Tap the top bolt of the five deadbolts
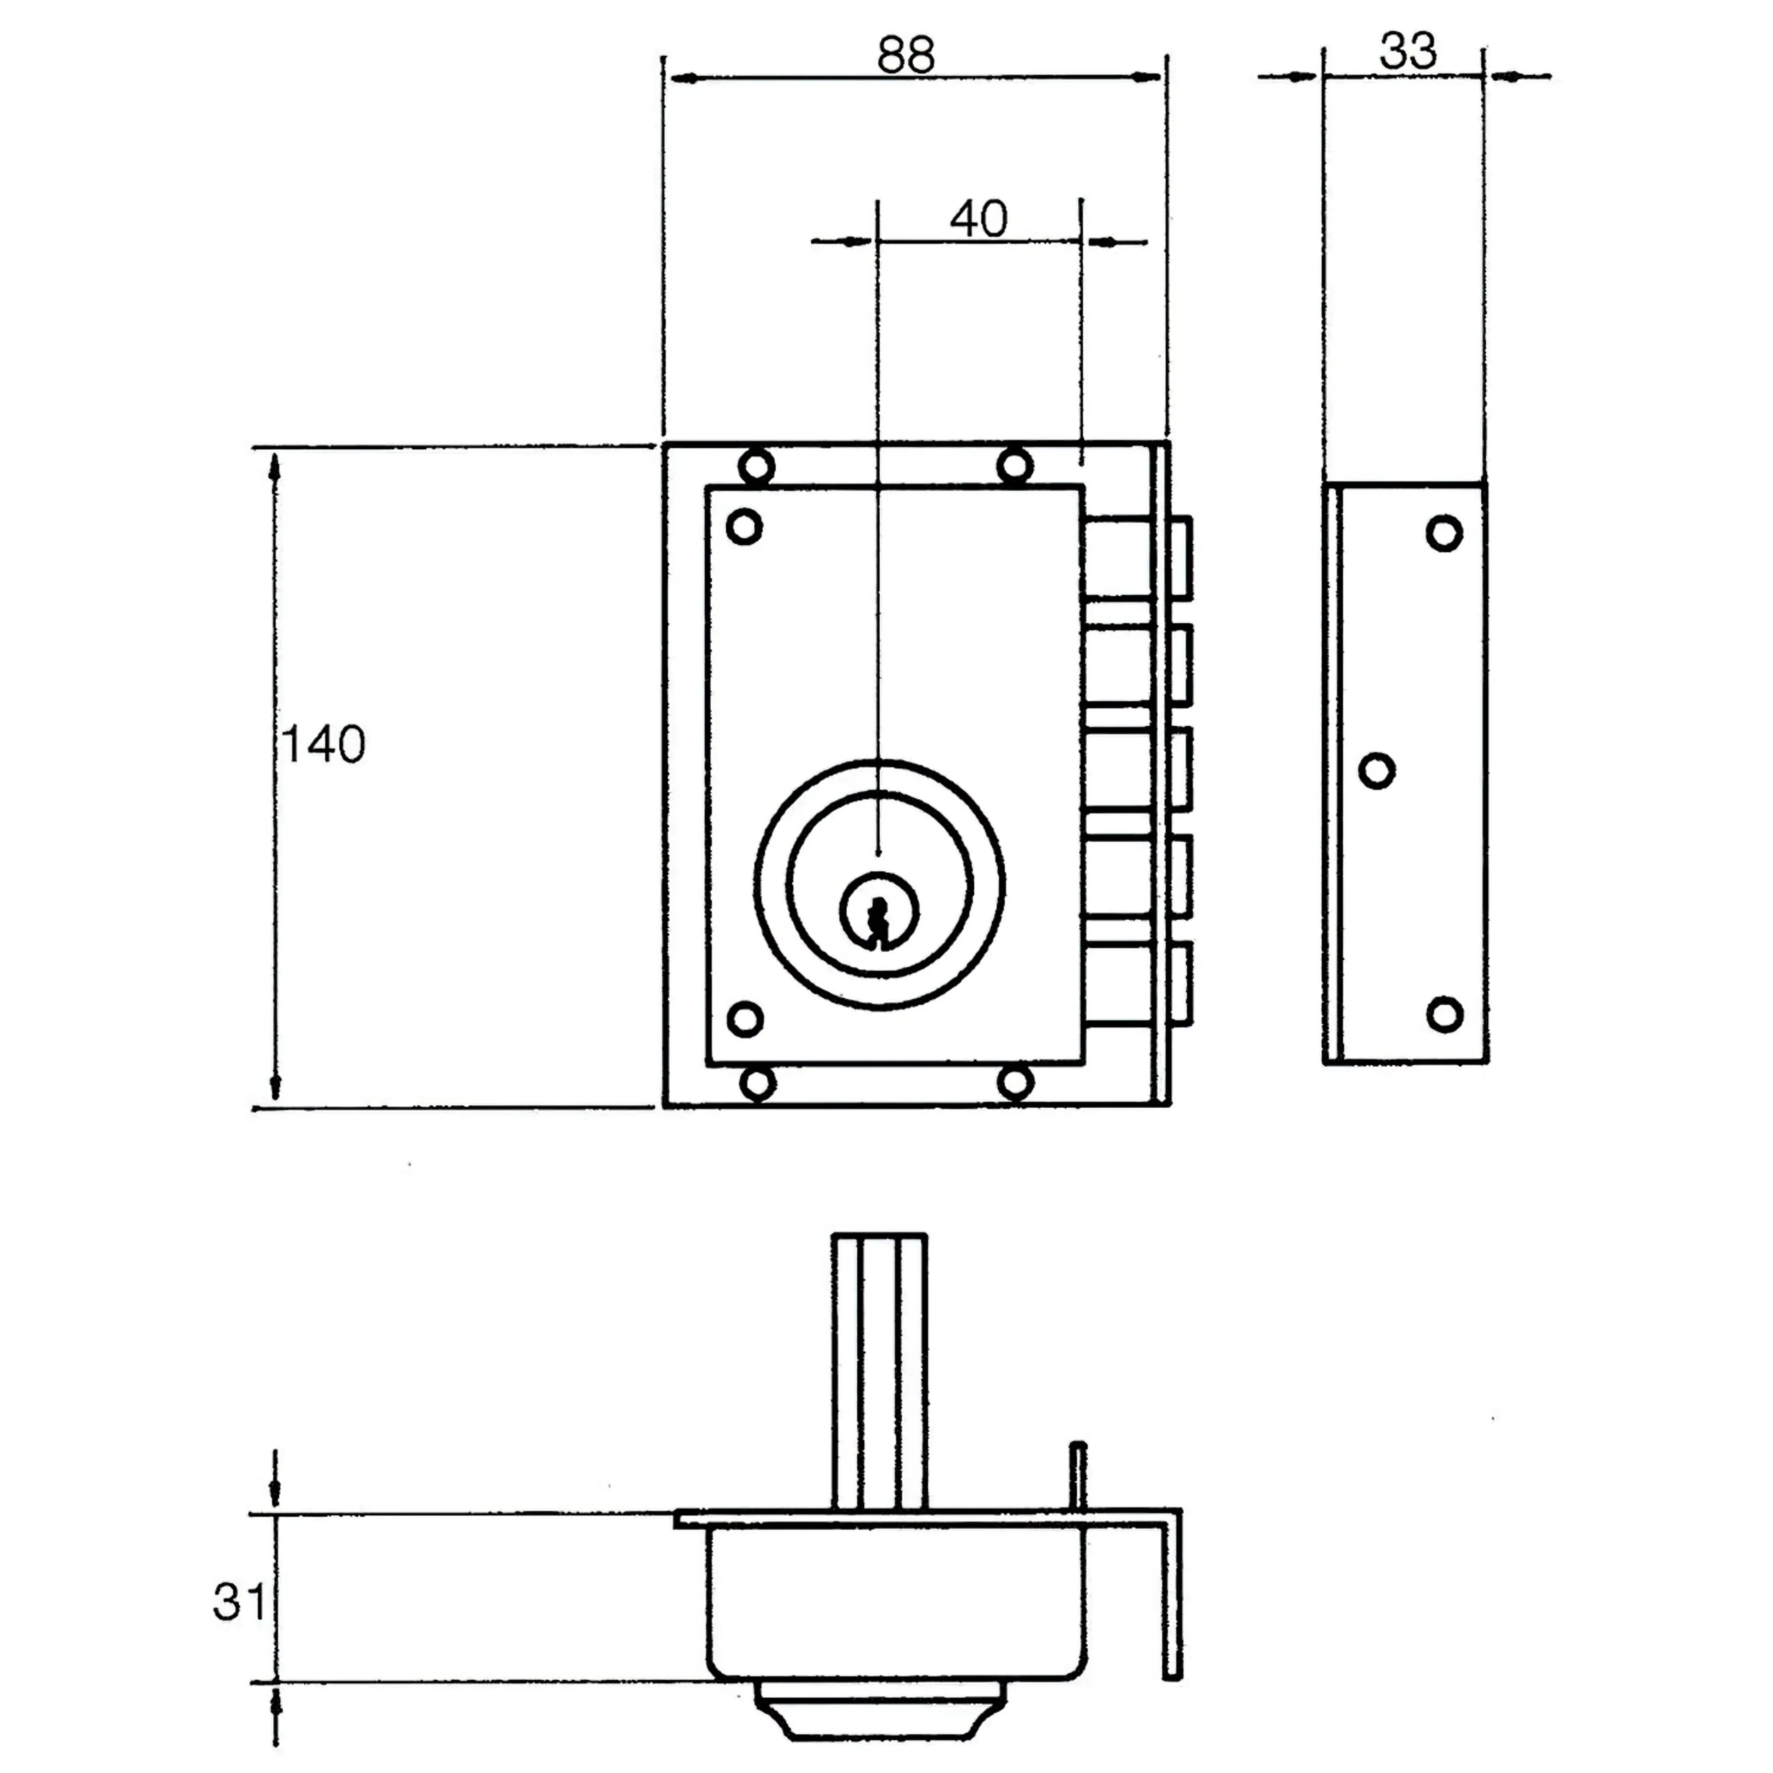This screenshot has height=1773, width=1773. [x=1138, y=557]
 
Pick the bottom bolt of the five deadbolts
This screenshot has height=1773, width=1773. [x=1138, y=983]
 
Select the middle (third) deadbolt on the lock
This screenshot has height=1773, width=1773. [x=1138, y=769]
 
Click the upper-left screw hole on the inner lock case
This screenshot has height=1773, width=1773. [x=744, y=527]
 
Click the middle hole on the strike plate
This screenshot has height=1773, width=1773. [x=1375, y=771]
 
